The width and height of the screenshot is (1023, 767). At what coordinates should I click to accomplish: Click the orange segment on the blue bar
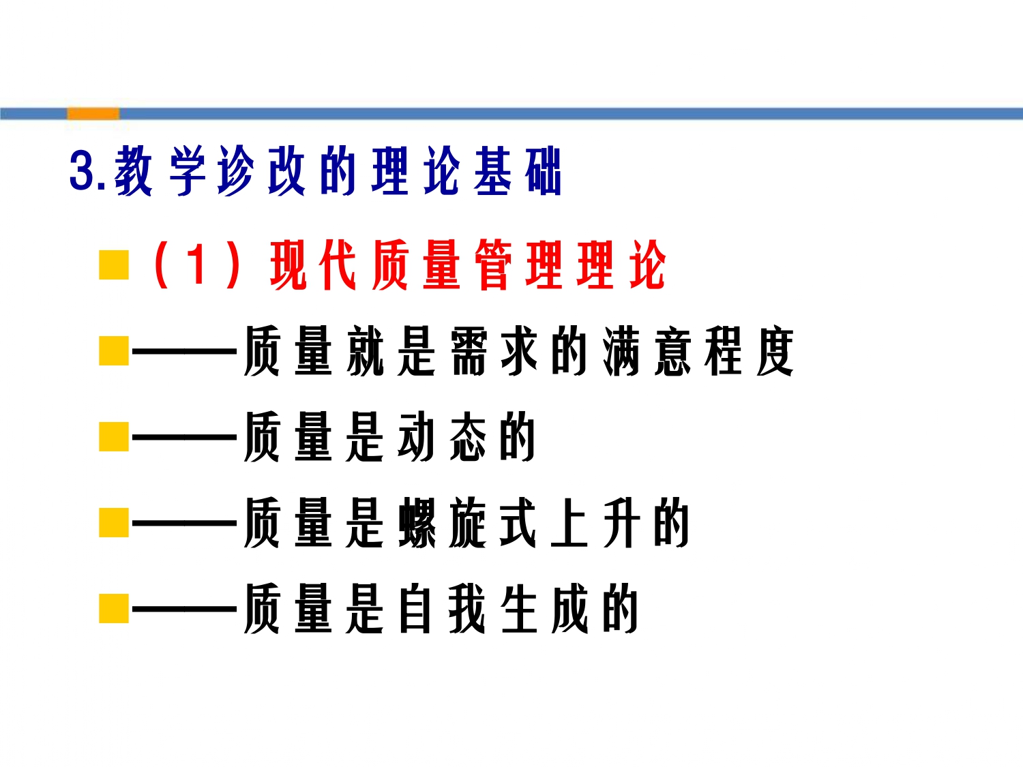93,114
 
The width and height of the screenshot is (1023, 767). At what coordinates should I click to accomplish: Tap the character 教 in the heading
133,170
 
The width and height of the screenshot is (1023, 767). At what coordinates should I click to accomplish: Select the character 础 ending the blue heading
542,170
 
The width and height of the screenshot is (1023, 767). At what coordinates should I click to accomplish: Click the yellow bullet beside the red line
114,265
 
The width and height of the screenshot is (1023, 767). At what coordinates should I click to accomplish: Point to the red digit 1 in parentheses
198,264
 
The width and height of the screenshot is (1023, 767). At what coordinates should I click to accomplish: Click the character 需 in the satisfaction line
469,350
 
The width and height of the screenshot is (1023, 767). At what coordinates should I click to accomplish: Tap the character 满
622,350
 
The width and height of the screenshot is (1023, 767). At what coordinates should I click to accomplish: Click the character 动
416,436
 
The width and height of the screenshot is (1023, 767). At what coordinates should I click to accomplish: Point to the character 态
467,436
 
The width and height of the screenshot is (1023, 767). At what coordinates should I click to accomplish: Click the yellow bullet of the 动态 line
114,436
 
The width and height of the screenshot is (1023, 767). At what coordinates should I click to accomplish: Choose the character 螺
417,522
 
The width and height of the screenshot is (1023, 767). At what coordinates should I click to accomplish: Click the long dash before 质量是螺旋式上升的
185,524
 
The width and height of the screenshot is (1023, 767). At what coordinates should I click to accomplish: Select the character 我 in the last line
467,608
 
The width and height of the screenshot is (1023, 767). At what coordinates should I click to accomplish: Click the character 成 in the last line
569,608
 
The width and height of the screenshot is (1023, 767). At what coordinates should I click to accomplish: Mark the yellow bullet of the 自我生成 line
114,608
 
